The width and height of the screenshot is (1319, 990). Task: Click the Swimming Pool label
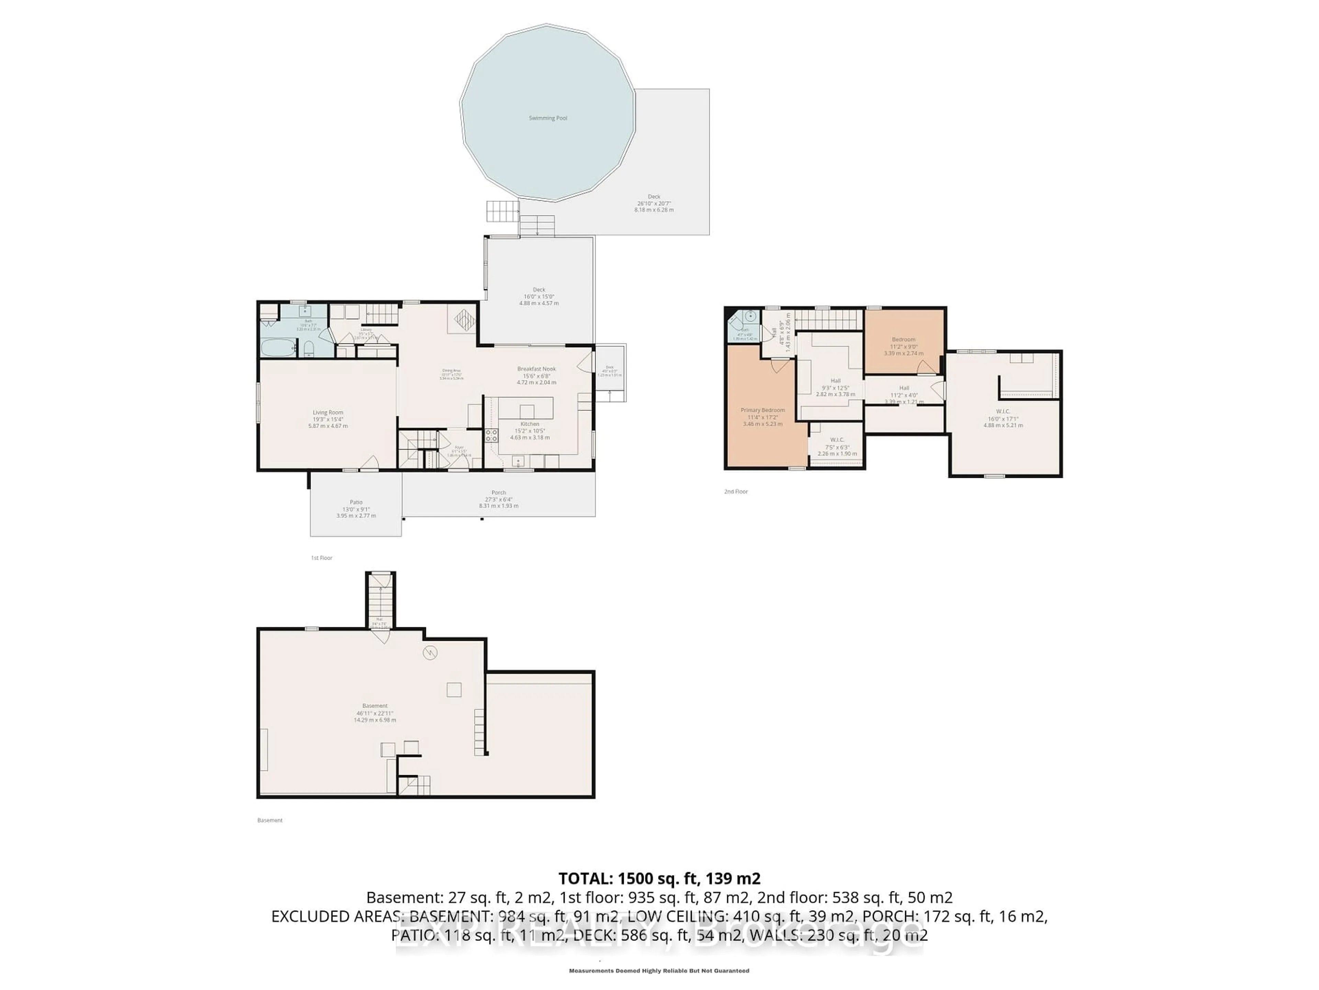[548, 118]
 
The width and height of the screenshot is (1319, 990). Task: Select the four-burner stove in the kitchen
[491, 435]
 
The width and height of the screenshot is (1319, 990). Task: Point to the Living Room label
[328, 412]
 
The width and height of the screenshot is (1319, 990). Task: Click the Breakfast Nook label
[536, 369]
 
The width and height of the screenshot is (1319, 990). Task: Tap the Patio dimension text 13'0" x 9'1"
[356, 509]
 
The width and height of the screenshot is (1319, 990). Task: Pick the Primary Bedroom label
[763, 410]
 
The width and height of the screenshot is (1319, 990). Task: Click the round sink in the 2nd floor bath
[751, 316]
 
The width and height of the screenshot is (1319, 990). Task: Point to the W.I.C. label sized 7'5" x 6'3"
[837, 440]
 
